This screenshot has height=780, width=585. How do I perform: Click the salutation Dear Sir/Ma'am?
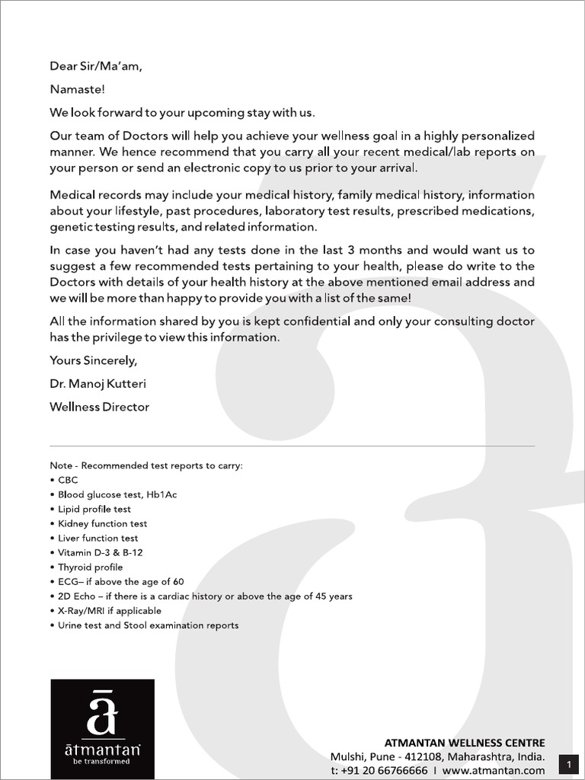point(96,66)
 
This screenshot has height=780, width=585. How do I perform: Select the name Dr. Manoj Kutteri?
point(99,384)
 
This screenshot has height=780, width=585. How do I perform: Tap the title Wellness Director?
point(99,407)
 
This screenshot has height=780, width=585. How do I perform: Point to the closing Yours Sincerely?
point(94,360)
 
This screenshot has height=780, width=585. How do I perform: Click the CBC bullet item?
point(68,480)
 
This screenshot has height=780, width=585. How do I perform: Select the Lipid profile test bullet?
point(94,509)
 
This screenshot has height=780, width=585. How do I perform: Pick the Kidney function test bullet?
point(102,523)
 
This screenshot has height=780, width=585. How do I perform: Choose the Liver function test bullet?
point(97,538)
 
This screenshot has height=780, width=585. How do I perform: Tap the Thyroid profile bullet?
point(90,567)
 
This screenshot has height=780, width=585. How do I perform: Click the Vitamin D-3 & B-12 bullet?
point(100,552)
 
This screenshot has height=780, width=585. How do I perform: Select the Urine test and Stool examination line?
point(148,625)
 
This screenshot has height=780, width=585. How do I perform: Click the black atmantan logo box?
point(102,729)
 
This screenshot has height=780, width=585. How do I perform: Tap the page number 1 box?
point(569,764)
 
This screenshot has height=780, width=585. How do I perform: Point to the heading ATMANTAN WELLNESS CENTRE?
point(465,743)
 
